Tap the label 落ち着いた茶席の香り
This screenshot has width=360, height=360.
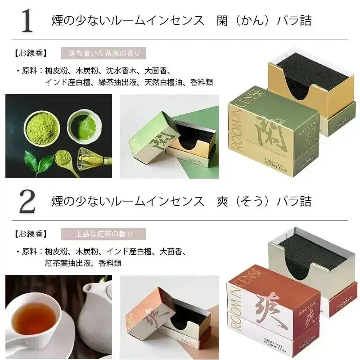[x=103, y=53]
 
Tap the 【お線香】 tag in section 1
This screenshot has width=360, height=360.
[x=30, y=54]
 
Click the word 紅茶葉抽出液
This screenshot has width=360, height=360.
[x=66, y=263]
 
